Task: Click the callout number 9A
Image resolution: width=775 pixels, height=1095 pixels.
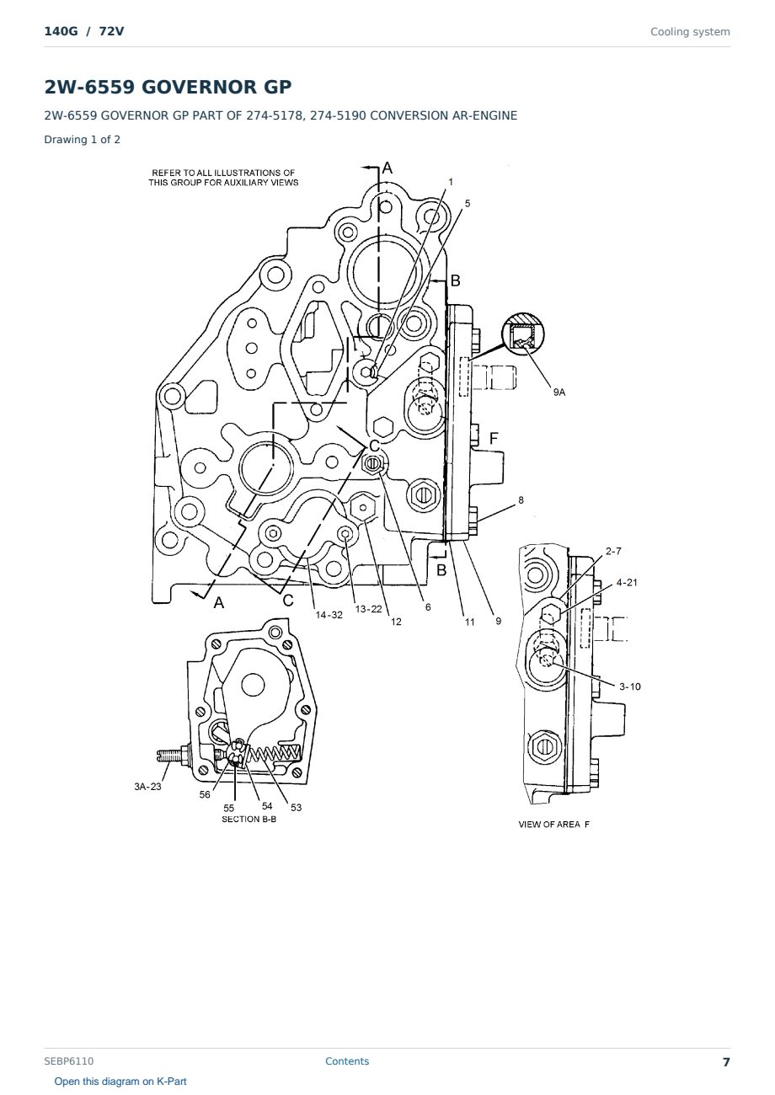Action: [x=559, y=392]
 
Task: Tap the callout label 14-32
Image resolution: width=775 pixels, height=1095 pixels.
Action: [x=329, y=615]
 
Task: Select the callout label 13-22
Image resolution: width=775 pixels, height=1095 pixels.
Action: [x=368, y=609]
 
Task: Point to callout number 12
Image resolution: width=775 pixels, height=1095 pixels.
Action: [x=396, y=622]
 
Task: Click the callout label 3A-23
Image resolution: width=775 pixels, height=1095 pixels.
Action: [x=147, y=787]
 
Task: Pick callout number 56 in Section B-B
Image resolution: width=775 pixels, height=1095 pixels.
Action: [x=205, y=795]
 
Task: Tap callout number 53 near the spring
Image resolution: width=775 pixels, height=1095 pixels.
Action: [x=297, y=808]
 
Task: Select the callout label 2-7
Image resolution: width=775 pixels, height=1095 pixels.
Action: [x=613, y=552]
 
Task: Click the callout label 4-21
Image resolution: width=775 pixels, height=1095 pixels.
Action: [x=627, y=583]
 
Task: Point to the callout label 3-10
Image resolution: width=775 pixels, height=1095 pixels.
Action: [x=630, y=686]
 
